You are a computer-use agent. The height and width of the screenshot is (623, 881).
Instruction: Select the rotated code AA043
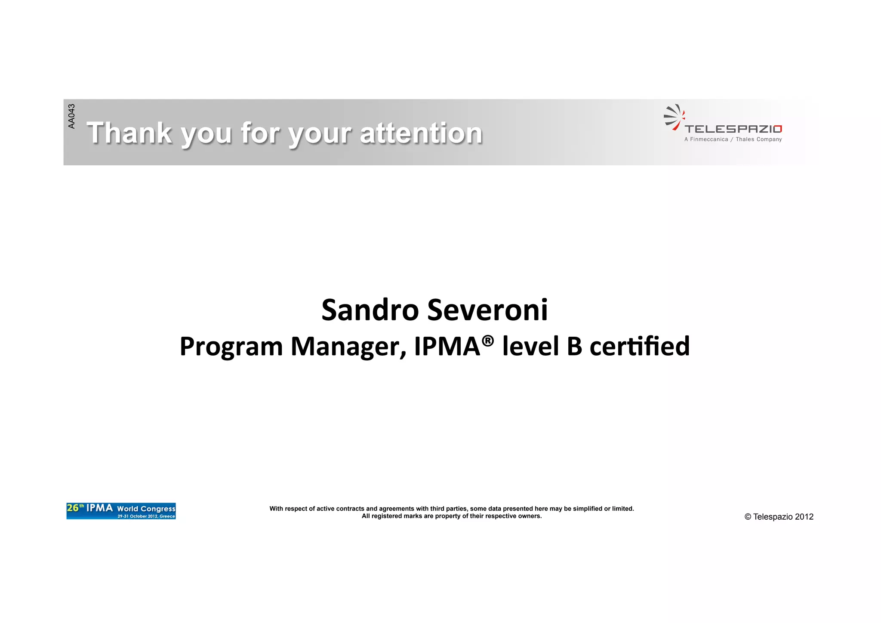tap(71, 116)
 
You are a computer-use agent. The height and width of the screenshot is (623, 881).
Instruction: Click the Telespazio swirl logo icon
tap(674, 117)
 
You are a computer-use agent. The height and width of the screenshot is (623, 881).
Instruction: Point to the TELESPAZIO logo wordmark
tap(733, 129)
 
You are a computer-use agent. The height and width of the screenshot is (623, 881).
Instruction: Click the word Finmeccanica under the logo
tap(709, 139)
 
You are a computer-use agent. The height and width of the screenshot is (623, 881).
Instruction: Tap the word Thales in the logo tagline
tap(745, 139)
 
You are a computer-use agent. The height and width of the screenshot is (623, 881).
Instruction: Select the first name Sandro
tap(370, 310)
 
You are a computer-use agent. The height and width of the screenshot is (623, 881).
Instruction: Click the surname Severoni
tap(488, 310)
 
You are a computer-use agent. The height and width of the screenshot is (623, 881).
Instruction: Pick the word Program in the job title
tap(231, 347)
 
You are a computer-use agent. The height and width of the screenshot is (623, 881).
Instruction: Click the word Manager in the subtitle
tap(348, 347)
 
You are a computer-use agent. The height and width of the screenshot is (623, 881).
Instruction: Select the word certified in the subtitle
tap(639, 347)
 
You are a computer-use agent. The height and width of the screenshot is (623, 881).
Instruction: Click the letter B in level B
tap(574, 347)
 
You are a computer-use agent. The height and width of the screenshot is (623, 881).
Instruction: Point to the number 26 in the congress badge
tap(73, 508)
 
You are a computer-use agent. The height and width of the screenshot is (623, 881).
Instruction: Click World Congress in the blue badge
tap(146, 508)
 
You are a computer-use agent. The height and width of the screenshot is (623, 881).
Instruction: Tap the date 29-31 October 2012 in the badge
tap(138, 516)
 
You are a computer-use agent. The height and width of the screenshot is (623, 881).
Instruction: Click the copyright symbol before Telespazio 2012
tap(748, 517)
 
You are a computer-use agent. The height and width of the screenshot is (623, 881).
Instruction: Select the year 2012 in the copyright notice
tap(804, 517)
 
